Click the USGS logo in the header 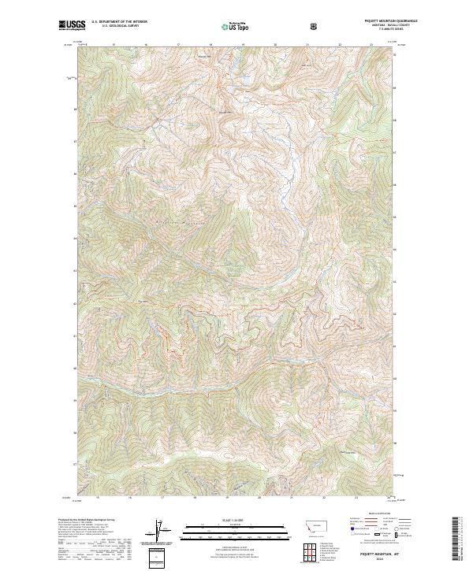[x=70, y=24]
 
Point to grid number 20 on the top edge [x=275, y=46]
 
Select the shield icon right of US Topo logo [x=315, y=25]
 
